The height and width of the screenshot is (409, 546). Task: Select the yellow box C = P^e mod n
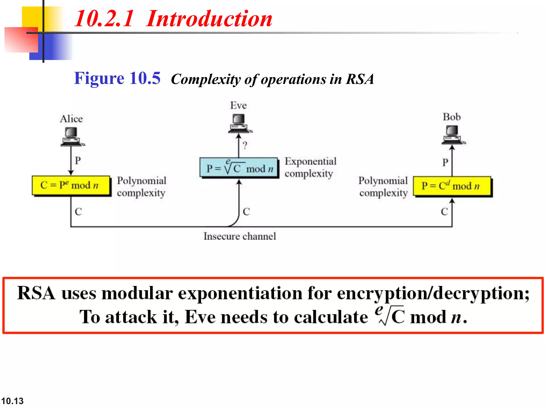click(71, 185)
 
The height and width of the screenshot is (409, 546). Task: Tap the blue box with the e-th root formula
click(239, 168)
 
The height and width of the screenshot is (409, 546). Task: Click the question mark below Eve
click(245, 145)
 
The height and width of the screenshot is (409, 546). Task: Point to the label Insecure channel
click(240, 236)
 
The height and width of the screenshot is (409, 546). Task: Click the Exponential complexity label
click(310, 167)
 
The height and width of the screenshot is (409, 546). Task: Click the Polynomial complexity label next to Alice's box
click(141, 187)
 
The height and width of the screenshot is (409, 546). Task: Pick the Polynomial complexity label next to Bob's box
click(383, 187)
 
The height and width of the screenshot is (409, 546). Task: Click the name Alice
click(71, 119)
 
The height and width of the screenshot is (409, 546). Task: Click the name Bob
click(452, 117)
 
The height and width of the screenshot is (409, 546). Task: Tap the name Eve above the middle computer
click(238, 105)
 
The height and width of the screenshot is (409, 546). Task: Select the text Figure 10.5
click(117, 78)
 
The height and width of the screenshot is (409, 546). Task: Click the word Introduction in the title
click(209, 19)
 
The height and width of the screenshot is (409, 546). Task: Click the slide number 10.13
click(12, 401)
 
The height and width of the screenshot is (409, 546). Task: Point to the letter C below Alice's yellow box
click(78, 212)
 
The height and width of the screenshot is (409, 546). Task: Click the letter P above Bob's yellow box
click(445, 162)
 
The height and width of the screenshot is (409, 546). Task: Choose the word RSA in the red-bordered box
click(36, 293)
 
